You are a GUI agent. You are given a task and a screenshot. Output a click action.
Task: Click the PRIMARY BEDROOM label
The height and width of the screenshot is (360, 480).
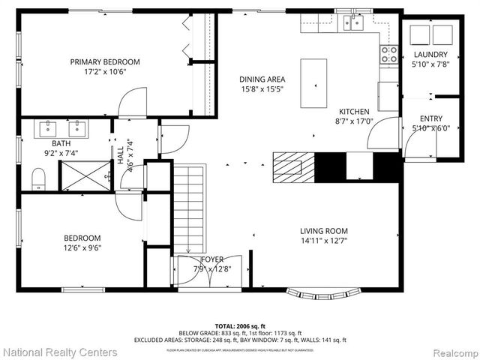click(x=105, y=62)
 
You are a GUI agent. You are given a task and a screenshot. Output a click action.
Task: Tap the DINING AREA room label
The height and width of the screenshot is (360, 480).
click(x=262, y=79)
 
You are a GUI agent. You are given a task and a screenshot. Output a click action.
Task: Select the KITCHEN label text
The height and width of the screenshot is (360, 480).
click(x=354, y=112)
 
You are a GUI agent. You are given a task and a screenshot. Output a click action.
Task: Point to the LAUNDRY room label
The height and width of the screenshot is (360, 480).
click(x=430, y=55)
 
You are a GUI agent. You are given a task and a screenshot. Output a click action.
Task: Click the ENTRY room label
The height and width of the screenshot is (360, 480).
click(x=430, y=118)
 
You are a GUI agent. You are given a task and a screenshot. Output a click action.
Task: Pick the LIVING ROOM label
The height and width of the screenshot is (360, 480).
click(x=324, y=231)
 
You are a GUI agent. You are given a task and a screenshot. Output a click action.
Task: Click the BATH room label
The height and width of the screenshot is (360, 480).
click(x=61, y=143)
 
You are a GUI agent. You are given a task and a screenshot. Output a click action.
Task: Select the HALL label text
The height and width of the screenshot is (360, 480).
click(x=120, y=155)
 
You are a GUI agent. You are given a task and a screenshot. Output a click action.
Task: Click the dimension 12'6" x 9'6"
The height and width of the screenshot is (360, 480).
click(x=82, y=248)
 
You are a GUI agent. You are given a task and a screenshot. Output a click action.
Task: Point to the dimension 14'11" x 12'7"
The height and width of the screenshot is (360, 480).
click(x=324, y=241)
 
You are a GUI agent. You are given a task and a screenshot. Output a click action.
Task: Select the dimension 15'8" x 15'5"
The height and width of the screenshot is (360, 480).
click(x=262, y=89)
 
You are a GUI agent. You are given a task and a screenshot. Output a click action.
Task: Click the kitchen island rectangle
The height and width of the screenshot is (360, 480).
click(x=314, y=83)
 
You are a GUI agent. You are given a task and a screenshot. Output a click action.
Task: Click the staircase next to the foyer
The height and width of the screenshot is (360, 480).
click(x=189, y=210)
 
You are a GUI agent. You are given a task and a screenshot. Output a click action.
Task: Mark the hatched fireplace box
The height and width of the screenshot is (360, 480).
click(x=288, y=163)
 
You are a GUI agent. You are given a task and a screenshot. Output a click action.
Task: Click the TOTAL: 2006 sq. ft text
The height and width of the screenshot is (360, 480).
click(x=240, y=326)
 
